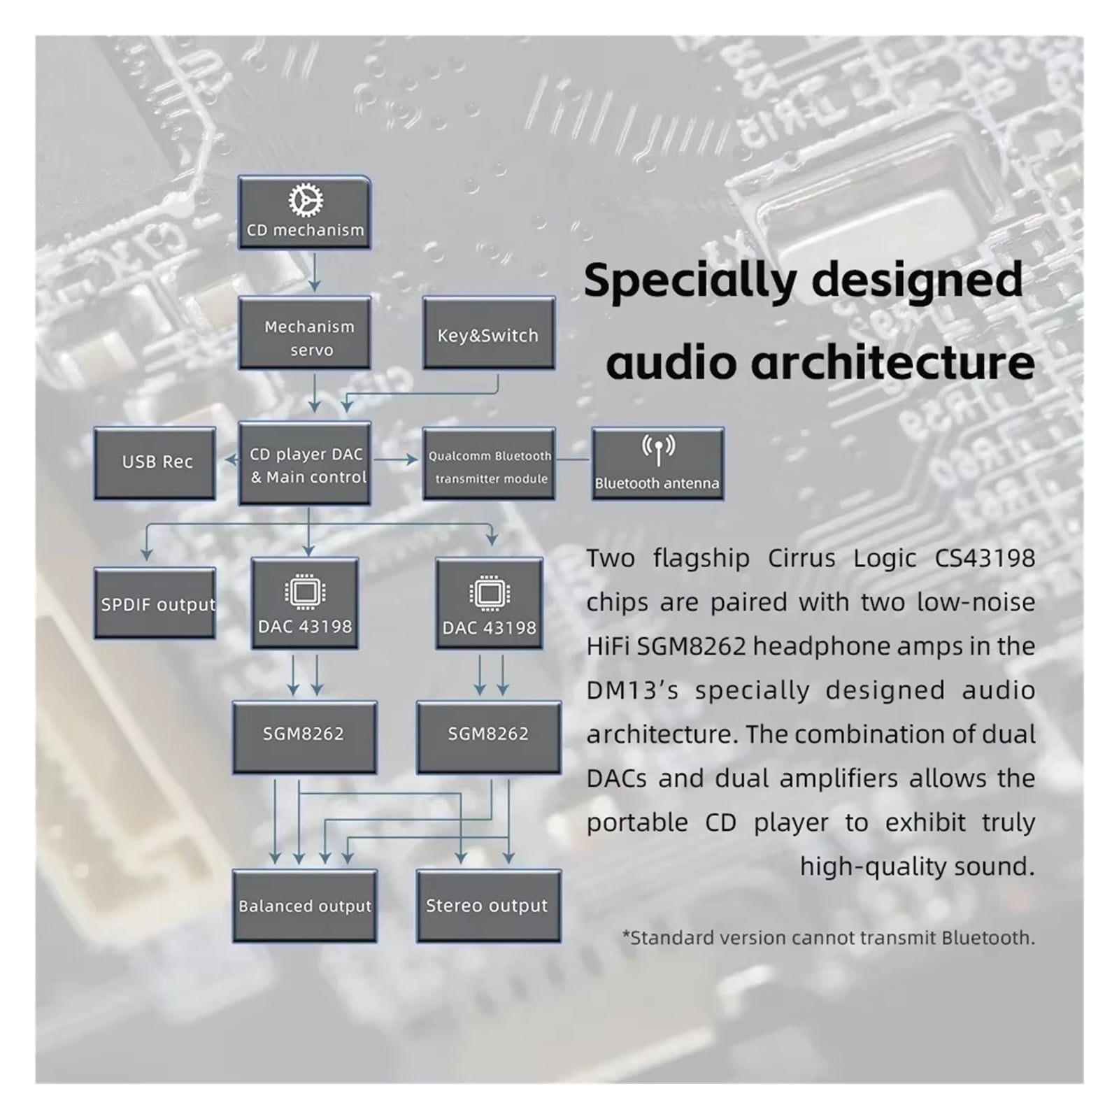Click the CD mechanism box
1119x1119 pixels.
[304, 213]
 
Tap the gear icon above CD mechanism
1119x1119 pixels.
[306, 201]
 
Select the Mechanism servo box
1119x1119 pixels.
[304, 333]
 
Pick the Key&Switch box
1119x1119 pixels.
[489, 333]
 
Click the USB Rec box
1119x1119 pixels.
[155, 463]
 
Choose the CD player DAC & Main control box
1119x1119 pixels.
[304, 463]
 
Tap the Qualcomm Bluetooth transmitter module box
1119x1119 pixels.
[489, 463]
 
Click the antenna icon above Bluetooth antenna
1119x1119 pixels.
[658, 449]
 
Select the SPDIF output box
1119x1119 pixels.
[155, 603]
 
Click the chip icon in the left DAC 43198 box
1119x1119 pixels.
[304, 592]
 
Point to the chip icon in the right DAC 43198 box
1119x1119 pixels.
[489, 594]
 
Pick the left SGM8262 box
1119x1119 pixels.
[304, 737]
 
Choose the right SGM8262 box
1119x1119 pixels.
[489, 737]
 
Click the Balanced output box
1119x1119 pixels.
[304, 906]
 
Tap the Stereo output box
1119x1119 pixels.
[489, 906]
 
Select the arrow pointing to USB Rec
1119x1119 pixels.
[231, 459]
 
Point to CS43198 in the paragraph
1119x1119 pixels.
[985, 558]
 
